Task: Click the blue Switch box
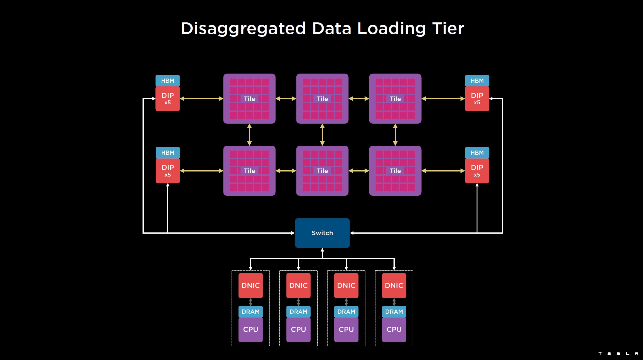[322, 233]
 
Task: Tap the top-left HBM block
[168, 81]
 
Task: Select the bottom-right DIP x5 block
[477, 171]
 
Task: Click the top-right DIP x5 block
[477, 99]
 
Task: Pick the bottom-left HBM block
[168, 153]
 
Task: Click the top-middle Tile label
[322, 99]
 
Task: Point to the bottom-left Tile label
[249, 171]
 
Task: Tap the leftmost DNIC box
[250, 285]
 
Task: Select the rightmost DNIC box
[394, 285]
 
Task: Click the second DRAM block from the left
[298, 312]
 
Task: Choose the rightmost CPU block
[394, 329]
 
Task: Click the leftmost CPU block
[250, 329]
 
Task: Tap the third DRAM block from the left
[346, 312]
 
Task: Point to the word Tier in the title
[448, 29]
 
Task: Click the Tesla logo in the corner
[618, 353]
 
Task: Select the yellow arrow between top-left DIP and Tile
[201, 99]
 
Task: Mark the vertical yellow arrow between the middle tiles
[322, 135]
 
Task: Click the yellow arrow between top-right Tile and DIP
[443, 99]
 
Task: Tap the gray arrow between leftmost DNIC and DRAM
[250, 302]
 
